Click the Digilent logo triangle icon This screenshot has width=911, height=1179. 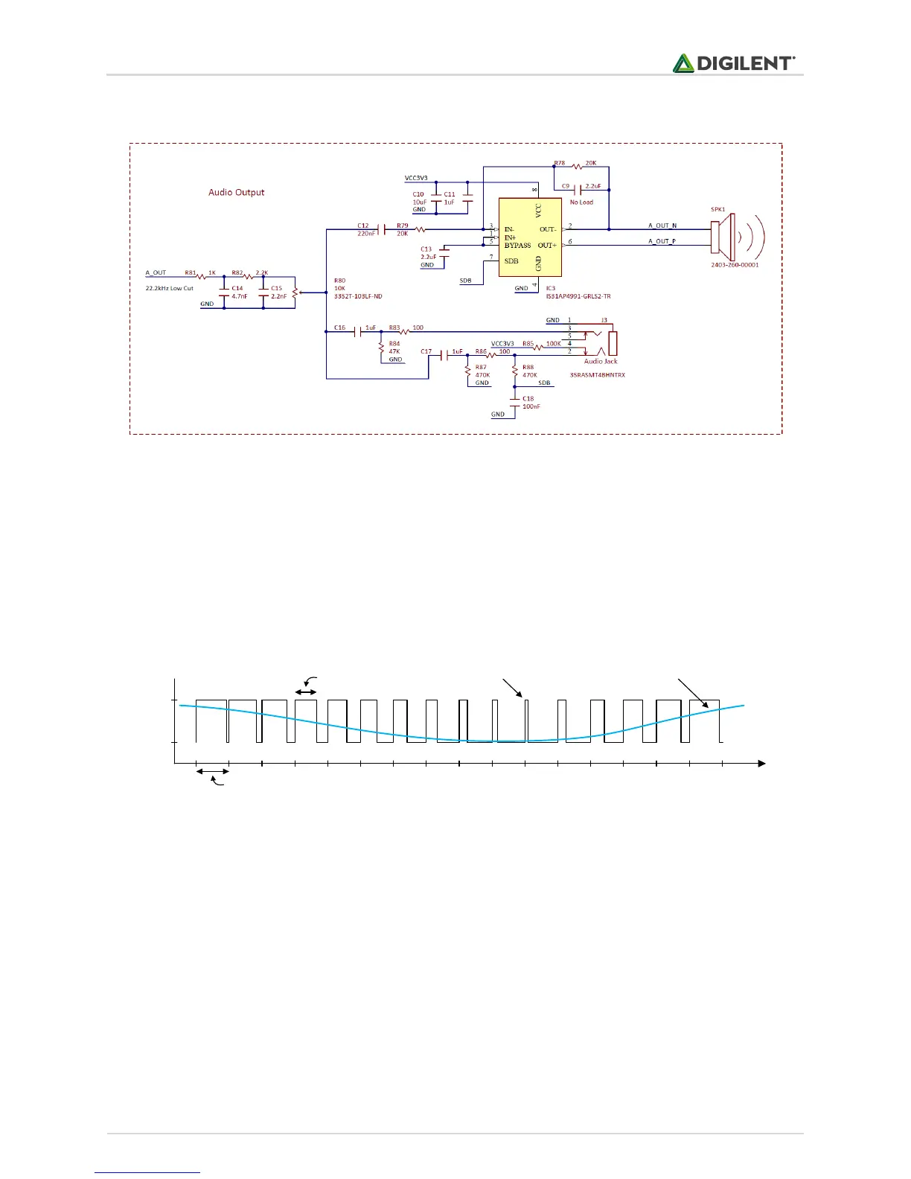pyautogui.click(x=683, y=63)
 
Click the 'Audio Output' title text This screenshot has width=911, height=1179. pyautogui.click(x=236, y=192)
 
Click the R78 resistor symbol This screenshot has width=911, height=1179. pyautogui.click(x=576, y=167)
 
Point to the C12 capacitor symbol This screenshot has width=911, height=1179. pyautogui.click(x=382, y=229)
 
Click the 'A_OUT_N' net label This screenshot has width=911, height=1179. pyautogui.click(x=662, y=226)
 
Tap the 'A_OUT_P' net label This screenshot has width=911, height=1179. pyautogui.click(x=662, y=241)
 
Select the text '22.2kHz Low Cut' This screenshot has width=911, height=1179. pyautogui.click(x=169, y=288)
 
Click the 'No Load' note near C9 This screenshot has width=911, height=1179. pyautogui.click(x=581, y=202)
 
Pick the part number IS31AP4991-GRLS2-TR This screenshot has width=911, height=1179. pyautogui.click(x=578, y=296)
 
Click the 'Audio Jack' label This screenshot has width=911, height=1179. pyautogui.click(x=601, y=361)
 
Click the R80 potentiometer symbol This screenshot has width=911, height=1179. pyautogui.click(x=295, y=293)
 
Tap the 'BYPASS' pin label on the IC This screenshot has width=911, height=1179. pyautogui.click(x=517, y=246)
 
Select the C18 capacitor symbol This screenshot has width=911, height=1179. pyautogui.click(x=515, y=401)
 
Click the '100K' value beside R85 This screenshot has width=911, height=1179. pyautogui.click(x=554, y=344)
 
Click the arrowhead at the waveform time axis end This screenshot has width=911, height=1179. pyautogui.click(x=761, y=763)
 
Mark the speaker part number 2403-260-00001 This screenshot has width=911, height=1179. pyautogui.click(x=735, y=265)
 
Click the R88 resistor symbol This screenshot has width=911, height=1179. pyautogui.click(x=515, y=370)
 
